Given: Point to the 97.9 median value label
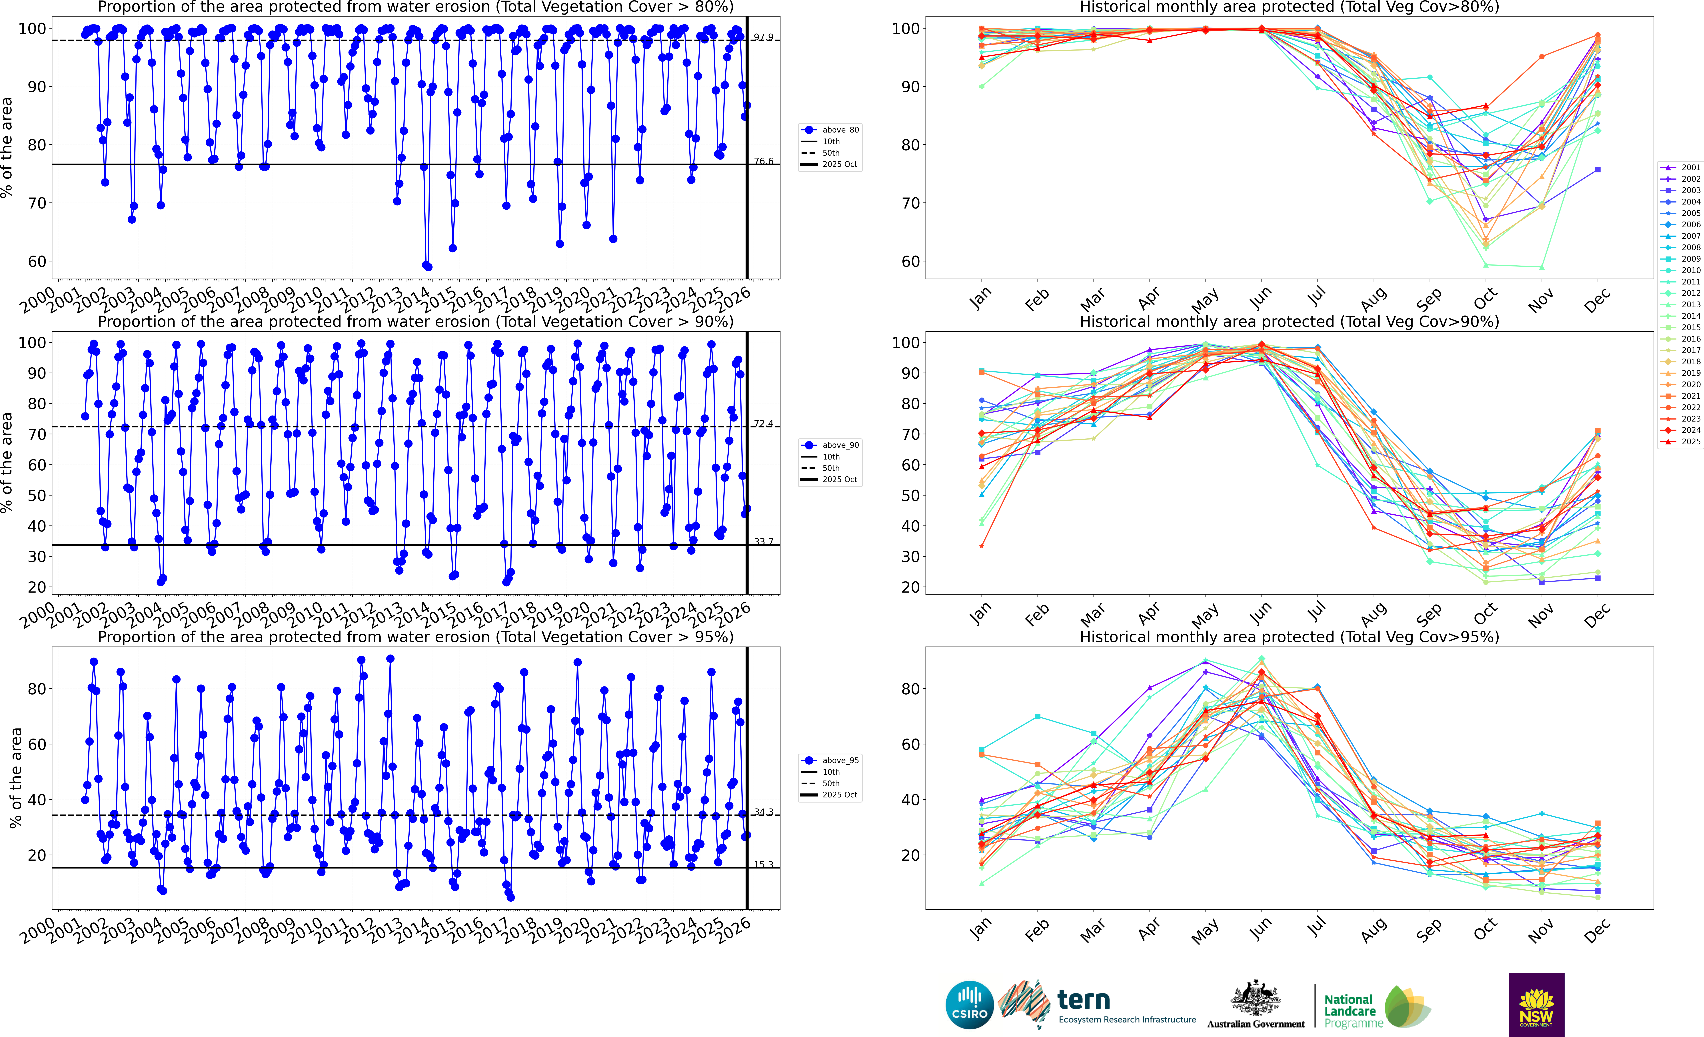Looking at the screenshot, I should [x=764, y=37].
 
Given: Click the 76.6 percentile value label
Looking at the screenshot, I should [x=764, y=161].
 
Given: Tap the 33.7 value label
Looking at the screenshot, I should [x=764, y=541].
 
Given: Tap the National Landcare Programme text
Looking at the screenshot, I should [x=1352, y=1011].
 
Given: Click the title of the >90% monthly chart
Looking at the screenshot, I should [x=1289, y=322].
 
